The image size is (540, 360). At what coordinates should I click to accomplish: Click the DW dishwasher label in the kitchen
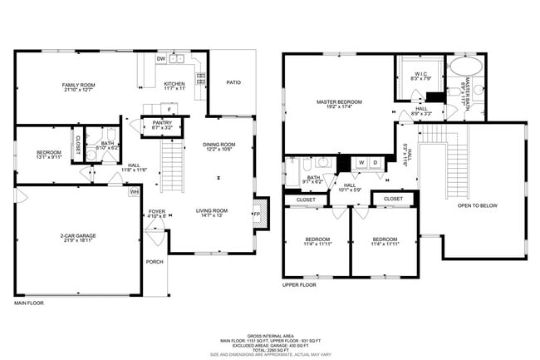162,59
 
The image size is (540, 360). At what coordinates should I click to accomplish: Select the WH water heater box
134,191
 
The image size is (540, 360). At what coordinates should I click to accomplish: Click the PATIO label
233,82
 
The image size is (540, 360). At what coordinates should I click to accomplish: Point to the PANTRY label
162,123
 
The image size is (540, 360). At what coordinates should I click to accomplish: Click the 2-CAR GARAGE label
78,236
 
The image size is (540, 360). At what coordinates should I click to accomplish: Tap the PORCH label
155,262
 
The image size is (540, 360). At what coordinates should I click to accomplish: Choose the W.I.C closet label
420,74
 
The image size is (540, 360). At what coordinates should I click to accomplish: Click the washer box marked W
361,162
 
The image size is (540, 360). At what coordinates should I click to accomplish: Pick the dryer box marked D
375,162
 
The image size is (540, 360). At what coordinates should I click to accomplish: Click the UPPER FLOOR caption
301,284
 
